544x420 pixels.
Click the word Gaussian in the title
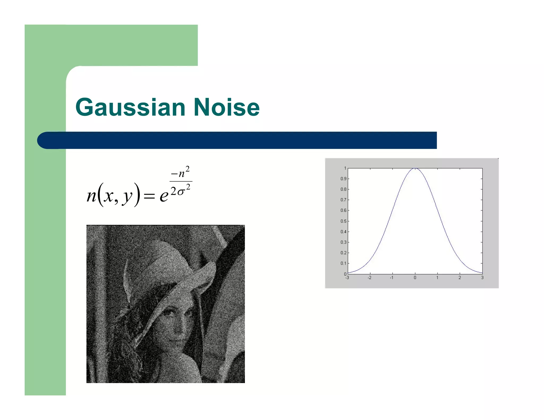point(130,107)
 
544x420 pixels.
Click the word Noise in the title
point(227,107)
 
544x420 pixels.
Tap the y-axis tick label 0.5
point(343,221)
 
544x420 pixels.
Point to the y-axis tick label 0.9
point(343,179)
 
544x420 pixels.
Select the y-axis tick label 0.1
point(343,263)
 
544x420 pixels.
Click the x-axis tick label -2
point(369,278)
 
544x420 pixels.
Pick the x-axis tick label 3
point(482,278)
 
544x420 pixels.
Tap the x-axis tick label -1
point(392,278)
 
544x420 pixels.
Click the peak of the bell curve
point(415,168)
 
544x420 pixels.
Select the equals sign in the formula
point(149,196)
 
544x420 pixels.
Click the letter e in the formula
point(164,196)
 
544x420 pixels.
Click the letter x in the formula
point(108,196)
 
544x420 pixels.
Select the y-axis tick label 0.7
point(343,200)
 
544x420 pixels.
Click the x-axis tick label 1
point(437,278)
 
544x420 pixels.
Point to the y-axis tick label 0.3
point(343,242)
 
